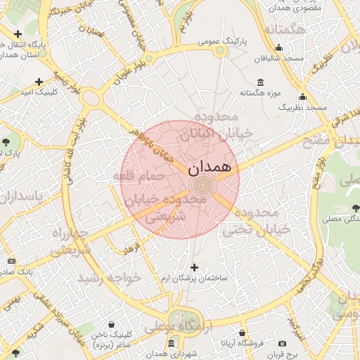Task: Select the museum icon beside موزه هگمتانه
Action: click(261, 82)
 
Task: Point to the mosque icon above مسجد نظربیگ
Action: click(303, 97)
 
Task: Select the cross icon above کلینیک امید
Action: click(39, 82)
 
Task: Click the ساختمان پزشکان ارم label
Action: click(195, 278)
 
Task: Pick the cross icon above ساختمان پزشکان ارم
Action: click(195, 267)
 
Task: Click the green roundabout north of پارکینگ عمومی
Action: click(220, 50)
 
